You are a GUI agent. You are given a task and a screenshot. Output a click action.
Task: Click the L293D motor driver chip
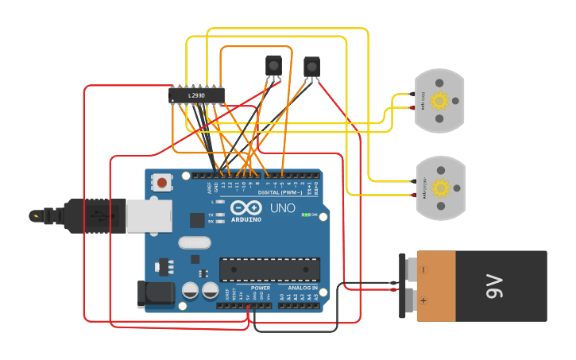(196, 95)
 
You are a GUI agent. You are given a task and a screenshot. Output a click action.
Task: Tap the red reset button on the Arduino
(162, 183)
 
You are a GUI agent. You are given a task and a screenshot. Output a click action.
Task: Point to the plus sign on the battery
(423, 301)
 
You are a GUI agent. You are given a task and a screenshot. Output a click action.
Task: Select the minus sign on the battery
(423, 269)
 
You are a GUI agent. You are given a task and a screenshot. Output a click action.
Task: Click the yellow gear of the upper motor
(439, 101)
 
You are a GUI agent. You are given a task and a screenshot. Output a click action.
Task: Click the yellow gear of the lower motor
(439, 188)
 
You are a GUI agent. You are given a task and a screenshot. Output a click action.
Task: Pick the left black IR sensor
(273, 64)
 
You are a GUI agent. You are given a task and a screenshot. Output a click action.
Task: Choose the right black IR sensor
(312, 66)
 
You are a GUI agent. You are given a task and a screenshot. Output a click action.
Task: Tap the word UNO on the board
(282, 208)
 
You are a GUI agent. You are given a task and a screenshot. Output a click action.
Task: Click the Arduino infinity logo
(245, 207)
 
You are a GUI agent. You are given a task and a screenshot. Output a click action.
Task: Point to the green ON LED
(305, 215)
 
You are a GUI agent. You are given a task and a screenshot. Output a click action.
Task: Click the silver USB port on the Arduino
(149, 215)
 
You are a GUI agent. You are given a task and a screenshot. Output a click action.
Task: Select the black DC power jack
(155, 293)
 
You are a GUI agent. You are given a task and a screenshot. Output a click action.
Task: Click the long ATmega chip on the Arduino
(269, 269)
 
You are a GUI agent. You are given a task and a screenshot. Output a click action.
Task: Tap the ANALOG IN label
(303, 288)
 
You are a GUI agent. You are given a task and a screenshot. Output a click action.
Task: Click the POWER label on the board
(261, 288)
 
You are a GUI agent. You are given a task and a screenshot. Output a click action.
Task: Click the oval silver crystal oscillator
(195, 242)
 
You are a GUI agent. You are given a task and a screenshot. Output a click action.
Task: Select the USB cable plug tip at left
(36, 215)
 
